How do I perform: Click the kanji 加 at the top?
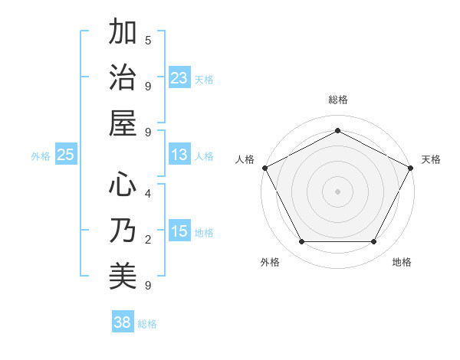tap(123, 34)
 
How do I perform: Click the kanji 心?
tap(123, 186)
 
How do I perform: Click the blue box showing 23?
tap(179, 77)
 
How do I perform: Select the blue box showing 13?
tap(179, 155)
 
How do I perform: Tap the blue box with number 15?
tap(179, 231)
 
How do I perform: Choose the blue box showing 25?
tap(66, 155)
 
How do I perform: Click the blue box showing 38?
tap(123, 322)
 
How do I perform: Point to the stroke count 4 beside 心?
tap(148, 193)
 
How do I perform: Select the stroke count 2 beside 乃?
tap(148, 240)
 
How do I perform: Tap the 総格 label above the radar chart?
tap(337, 100)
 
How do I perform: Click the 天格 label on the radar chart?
tap(431, 159)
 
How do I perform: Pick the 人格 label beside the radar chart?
tap(245, 159)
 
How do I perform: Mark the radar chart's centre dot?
tap(337, 191)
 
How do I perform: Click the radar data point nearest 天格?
tap(412, 167)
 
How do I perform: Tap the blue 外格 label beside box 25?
tap(40, 156)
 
